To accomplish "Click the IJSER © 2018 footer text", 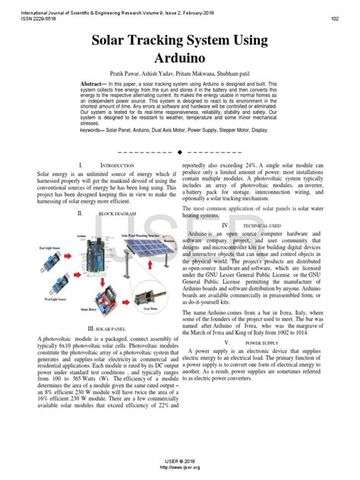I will pyautogui.click(x=180, y=461).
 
